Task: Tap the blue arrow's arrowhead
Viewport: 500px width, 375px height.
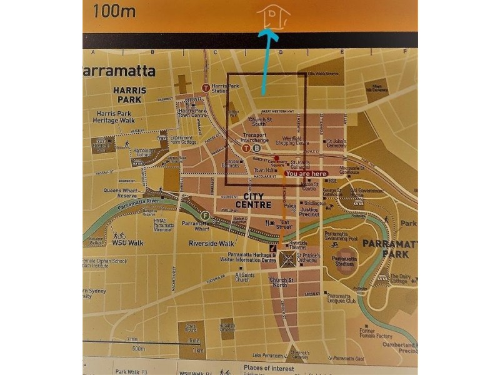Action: (x=270, y=37)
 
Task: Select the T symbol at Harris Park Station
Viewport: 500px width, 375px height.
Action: (x=206, y=87)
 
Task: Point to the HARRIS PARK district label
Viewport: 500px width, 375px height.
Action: (x=130, y=94)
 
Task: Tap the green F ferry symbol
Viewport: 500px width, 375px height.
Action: (x=206, y=216)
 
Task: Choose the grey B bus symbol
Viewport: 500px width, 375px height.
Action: (x=257, y=149)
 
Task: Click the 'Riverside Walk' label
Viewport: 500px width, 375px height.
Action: (x=212, y=243)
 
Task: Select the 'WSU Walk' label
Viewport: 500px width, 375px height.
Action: (x=128, y=242)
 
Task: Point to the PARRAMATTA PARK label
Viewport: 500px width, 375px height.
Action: (x=387, y=249)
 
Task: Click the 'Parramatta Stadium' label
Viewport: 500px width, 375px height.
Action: (x=345, y=261)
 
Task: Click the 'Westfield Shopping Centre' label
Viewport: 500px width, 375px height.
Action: (x=292, y=140)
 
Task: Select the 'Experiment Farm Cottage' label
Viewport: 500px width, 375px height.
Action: (x=182, y=139)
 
